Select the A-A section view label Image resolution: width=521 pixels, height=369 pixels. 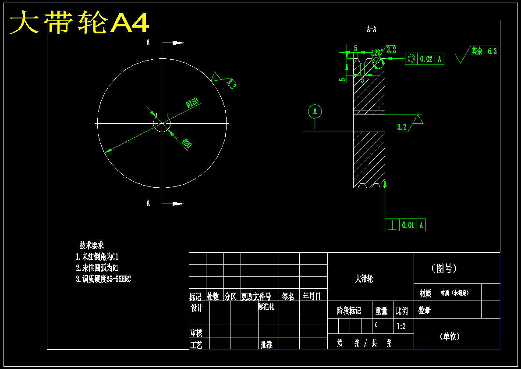click(x=371, y=29)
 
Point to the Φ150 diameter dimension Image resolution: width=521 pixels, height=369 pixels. click(x=192, y=103)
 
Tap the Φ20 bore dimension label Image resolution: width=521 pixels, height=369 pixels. click(x=187, y=143)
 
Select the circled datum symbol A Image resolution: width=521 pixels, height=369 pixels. click(x=315, y=111)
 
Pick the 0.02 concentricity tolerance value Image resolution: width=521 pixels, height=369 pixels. click(x=426, y=59)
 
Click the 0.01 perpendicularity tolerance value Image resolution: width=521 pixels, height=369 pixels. click(x=408, y=225)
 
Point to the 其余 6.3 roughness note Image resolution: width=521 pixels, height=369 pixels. click(x=484, y=51)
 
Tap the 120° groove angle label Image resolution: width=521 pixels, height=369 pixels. click(x=377, y=52)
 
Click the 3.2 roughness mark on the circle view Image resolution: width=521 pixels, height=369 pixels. click(x=231, y=83)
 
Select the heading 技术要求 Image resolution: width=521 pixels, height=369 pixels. click(x=92, y=245)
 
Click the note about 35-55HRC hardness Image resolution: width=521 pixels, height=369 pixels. click(x=103, y=279)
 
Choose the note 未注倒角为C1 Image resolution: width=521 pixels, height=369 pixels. click(x=97, y=257)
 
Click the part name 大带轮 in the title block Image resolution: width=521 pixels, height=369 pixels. click(x=364, y=279)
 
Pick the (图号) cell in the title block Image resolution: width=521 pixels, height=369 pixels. click(x=444, y=268)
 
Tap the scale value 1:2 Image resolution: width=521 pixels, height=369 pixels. click(x=401, y=326)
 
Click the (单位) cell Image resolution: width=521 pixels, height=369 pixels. click(x=450, y=337)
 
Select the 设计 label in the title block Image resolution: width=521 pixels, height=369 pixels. click(x=197, y=308)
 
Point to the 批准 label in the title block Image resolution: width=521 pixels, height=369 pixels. click(x=266, y=344)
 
